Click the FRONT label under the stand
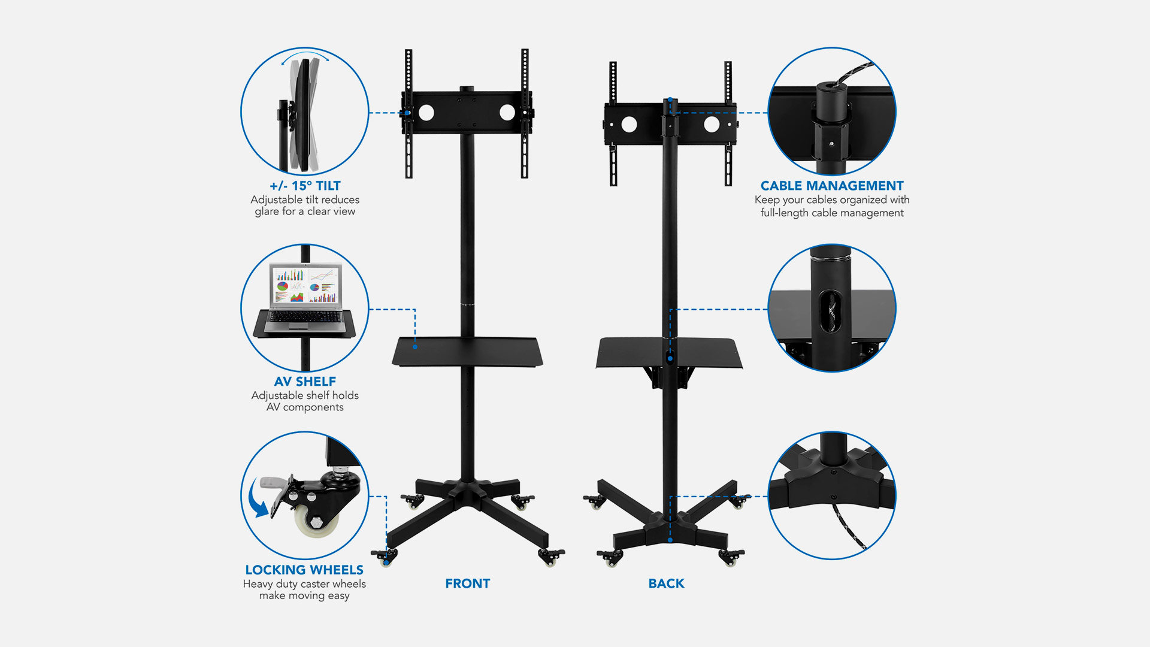[x=467, y=583]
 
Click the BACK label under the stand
[x=666, y=583]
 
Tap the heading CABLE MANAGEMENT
[x=832, y=186]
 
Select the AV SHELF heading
[x=305, y=382]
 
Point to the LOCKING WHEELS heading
[x=304, y=570]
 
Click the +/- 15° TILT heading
[x=305, y=186]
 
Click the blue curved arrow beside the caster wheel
[x=259, y=498]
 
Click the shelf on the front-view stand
[x=467, y=352]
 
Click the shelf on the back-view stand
[x=669, y=353]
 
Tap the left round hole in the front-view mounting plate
[x=426, y=112]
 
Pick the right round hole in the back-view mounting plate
[x=712, y=124]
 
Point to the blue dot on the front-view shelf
[x=415, y=347]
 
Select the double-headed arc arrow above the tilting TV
[x=305, y=55]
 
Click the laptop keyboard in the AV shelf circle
[x=305, y=316]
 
